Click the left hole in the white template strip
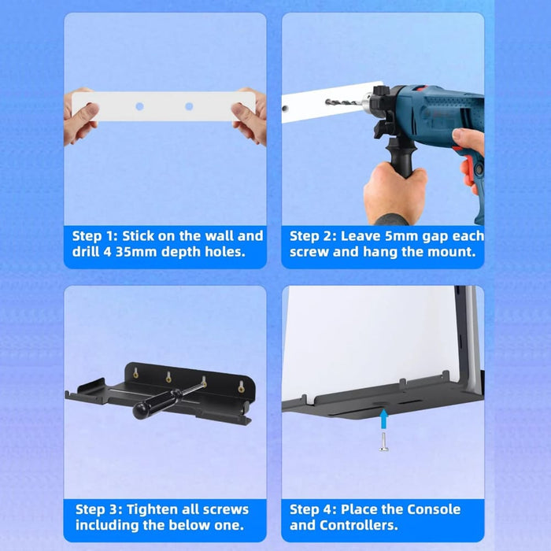point(139,106)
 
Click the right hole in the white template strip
point(189,106)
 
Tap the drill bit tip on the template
point(327,102)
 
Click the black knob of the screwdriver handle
point(142,410)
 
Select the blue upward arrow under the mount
point(384,419)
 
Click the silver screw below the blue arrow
point(384,442)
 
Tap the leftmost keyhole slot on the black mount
point(135,373)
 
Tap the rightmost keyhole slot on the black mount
point(241,386)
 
